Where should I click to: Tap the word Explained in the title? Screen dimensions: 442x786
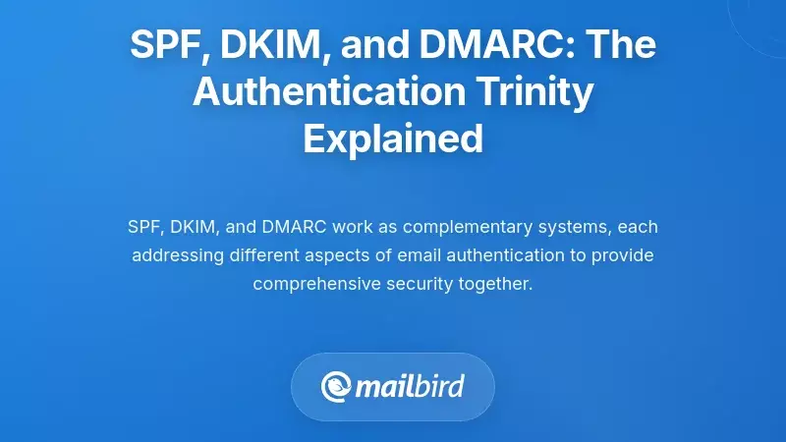393,138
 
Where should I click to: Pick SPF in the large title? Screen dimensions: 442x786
163,45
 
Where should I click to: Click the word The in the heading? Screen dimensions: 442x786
623,45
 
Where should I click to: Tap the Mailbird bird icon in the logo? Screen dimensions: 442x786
337,385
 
